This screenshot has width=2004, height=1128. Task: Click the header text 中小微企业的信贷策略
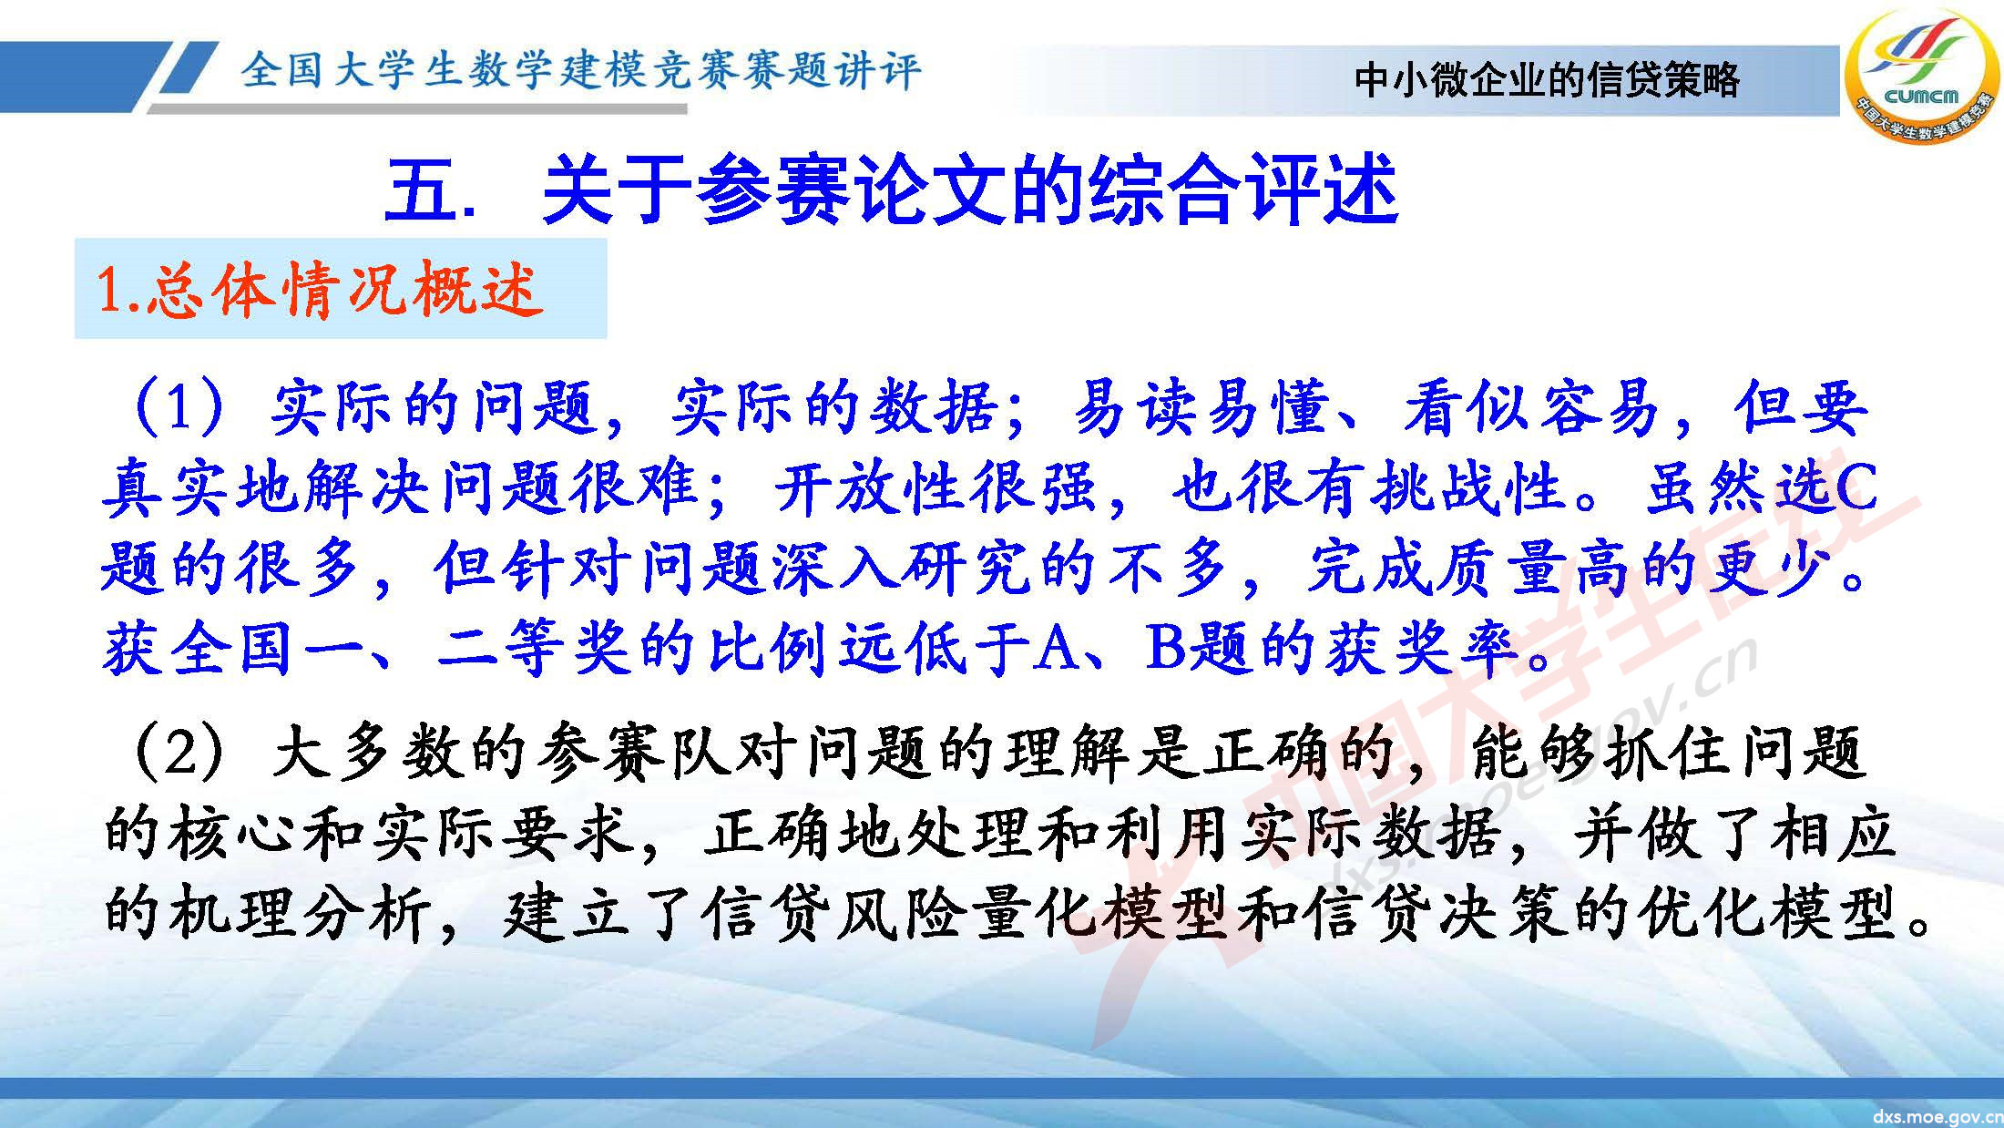tap(1547, 80)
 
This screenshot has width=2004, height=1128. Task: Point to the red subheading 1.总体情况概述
tap(319, 290)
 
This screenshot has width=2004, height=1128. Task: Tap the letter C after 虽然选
tap(1854, 488)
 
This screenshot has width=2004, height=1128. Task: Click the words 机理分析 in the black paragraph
tap(301, 914)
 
